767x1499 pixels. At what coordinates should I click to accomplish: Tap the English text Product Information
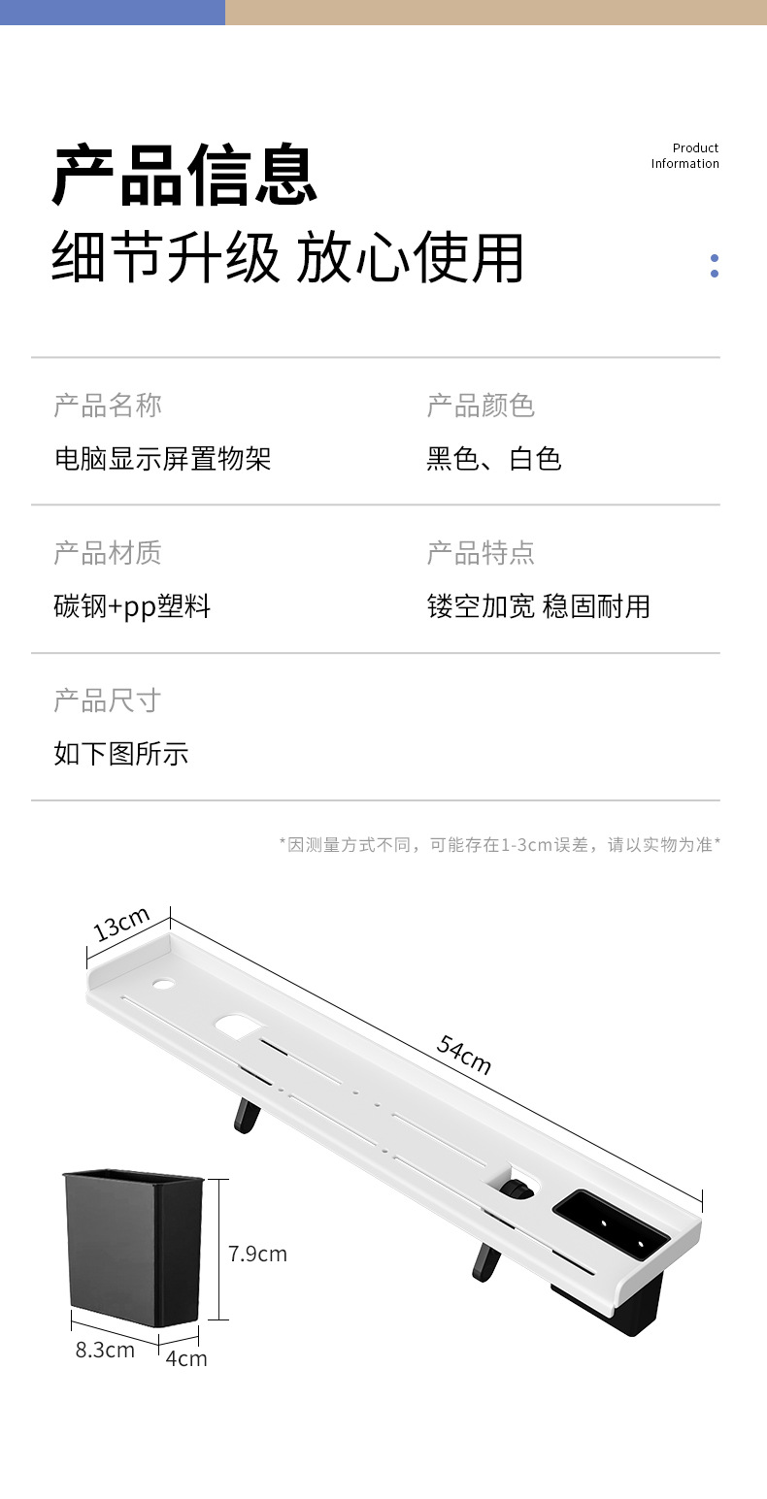tap(684, 155)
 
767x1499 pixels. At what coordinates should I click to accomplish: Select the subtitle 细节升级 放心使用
tap(287, 258)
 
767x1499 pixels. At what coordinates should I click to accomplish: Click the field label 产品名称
tap(108, 406)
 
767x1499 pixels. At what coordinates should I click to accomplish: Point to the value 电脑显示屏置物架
tap(162, 458)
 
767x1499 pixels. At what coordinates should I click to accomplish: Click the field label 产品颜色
tap(481, 406)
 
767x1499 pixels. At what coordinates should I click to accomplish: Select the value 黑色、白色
tap(494, 458)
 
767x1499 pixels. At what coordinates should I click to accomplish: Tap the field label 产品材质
tap(108, 553)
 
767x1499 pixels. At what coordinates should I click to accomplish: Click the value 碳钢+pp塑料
tap(132, 607)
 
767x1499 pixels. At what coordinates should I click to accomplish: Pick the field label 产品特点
tap(481, 553)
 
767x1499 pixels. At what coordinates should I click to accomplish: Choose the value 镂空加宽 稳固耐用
tap(539, 607)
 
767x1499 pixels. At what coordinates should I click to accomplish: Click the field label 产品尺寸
tap(108, 701)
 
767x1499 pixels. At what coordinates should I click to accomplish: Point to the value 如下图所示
tap(121, 754)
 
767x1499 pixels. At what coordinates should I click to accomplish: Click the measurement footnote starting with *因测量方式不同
tap(500, 844)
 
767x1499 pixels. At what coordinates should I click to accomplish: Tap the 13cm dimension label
tap(122, 924)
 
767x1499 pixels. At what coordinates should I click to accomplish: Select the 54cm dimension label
tap(464, 1055)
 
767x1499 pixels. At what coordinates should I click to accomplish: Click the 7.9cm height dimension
tap(257, 1254)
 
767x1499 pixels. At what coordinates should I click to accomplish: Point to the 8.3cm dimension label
tap(105, 1350)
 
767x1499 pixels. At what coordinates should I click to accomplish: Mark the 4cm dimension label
tap(185, 1358)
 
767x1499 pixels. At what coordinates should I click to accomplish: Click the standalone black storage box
tap(133, 1247)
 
